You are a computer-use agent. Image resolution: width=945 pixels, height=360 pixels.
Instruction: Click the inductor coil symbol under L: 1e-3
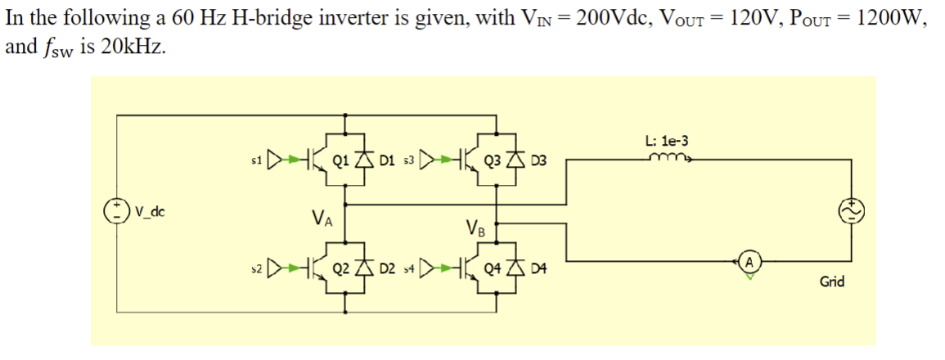pos(668,159)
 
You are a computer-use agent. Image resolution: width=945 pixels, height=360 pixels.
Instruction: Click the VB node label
pos(475,227)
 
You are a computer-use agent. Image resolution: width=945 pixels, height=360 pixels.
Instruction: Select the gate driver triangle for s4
pos(427,266)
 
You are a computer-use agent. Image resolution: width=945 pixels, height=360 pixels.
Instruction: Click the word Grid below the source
pos(833,282)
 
